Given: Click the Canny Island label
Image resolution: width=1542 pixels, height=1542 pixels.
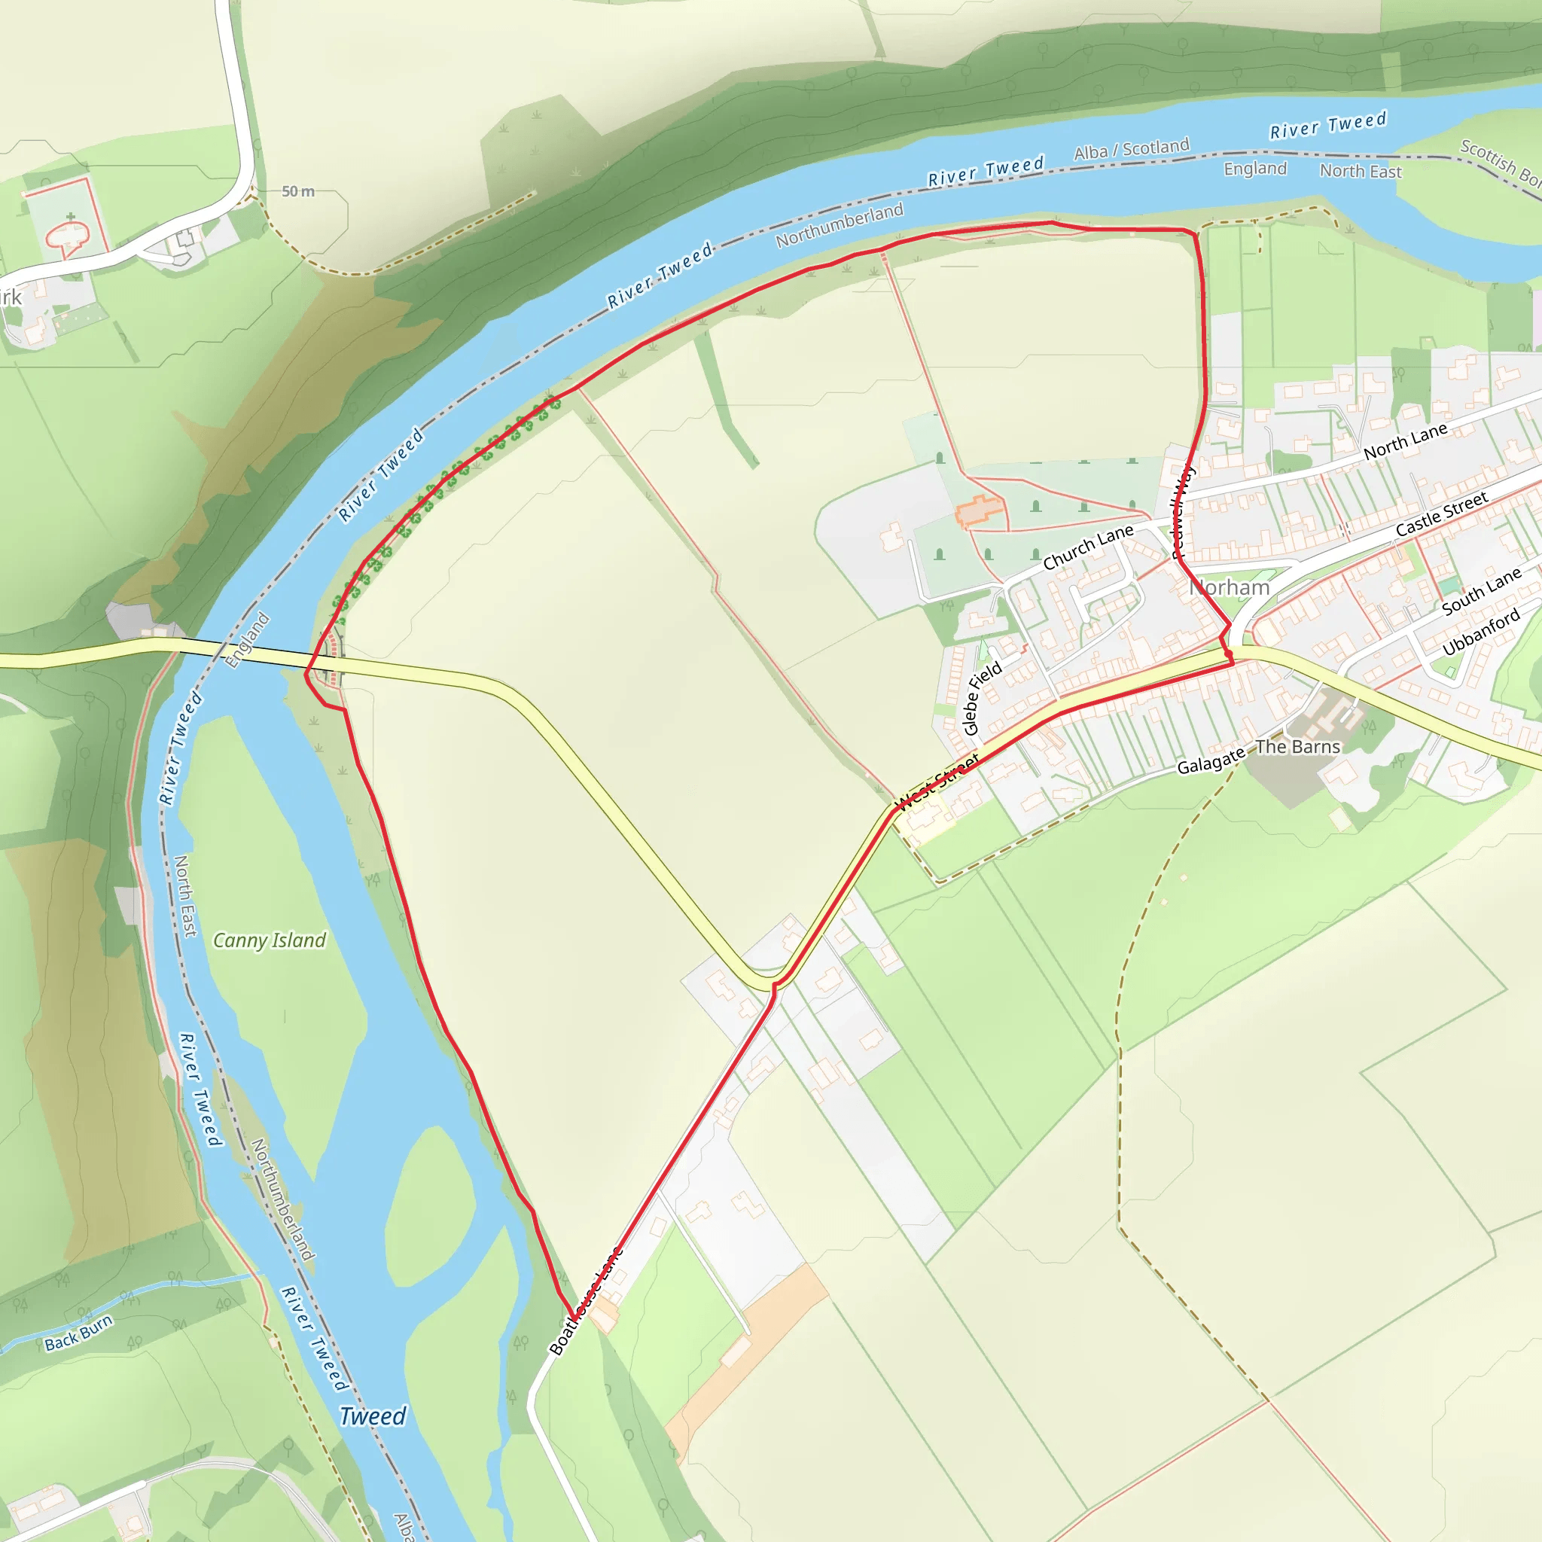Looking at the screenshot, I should [269, 940].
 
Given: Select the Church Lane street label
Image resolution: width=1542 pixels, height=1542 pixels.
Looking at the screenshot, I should [1088, 547].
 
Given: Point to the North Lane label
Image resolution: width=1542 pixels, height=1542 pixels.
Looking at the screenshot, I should [1406, 441].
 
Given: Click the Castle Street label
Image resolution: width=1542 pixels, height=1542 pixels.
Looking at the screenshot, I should [1441, 513].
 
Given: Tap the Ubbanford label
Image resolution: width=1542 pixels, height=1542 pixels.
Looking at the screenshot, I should [1481, 632].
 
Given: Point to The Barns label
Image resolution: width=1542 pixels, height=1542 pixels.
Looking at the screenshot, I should [1298, 747].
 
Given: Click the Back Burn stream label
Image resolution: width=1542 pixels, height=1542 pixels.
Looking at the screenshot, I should [78, 1333].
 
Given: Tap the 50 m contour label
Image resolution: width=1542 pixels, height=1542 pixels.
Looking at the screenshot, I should [297, 191].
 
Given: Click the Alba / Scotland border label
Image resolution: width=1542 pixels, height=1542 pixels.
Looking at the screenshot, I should [1131, 149].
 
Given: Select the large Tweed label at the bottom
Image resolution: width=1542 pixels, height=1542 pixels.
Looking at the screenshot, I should [373, 1417].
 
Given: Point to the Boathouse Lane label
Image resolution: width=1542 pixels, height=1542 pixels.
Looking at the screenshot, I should [586, 1302].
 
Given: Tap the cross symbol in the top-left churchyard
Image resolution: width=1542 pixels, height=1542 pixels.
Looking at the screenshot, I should [71, 216].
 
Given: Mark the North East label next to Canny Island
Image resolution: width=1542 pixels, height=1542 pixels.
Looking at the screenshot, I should [185, 895].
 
